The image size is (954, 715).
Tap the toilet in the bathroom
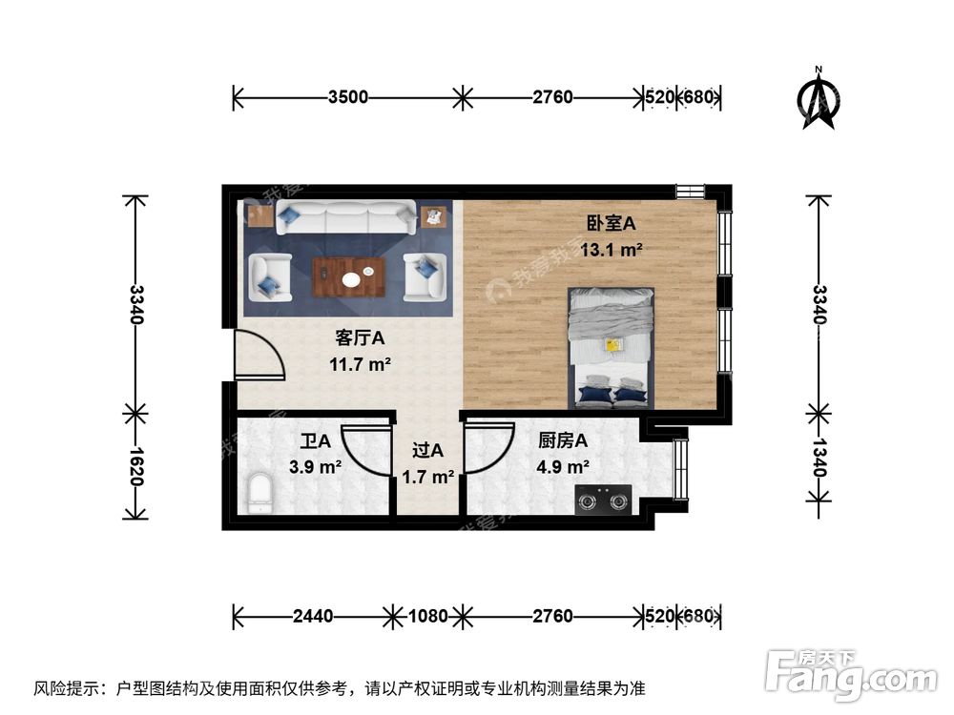click(259, 494)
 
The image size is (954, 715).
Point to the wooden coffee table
click(349, 277)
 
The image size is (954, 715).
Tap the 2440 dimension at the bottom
click(313, 616)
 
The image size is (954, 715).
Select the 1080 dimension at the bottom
click(427, 616)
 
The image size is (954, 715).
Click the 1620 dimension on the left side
click(136, 467)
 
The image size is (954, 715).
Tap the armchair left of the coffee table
click(269, 277)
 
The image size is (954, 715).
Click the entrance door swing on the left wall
click(258, 355)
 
